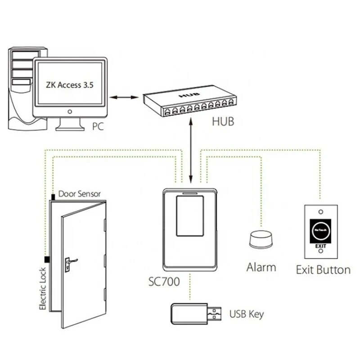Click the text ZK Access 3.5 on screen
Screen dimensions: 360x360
point(70,84)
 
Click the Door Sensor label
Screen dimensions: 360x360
point(80,194)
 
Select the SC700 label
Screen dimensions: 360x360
point(164,283)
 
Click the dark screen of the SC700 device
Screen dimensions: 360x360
point(189,216)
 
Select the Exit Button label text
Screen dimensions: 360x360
point(323,270)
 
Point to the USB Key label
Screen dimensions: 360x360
point(247,314)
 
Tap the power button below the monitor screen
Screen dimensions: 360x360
point(69,111)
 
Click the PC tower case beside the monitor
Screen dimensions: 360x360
point(21,90)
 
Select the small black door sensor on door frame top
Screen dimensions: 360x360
point(53,196)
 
